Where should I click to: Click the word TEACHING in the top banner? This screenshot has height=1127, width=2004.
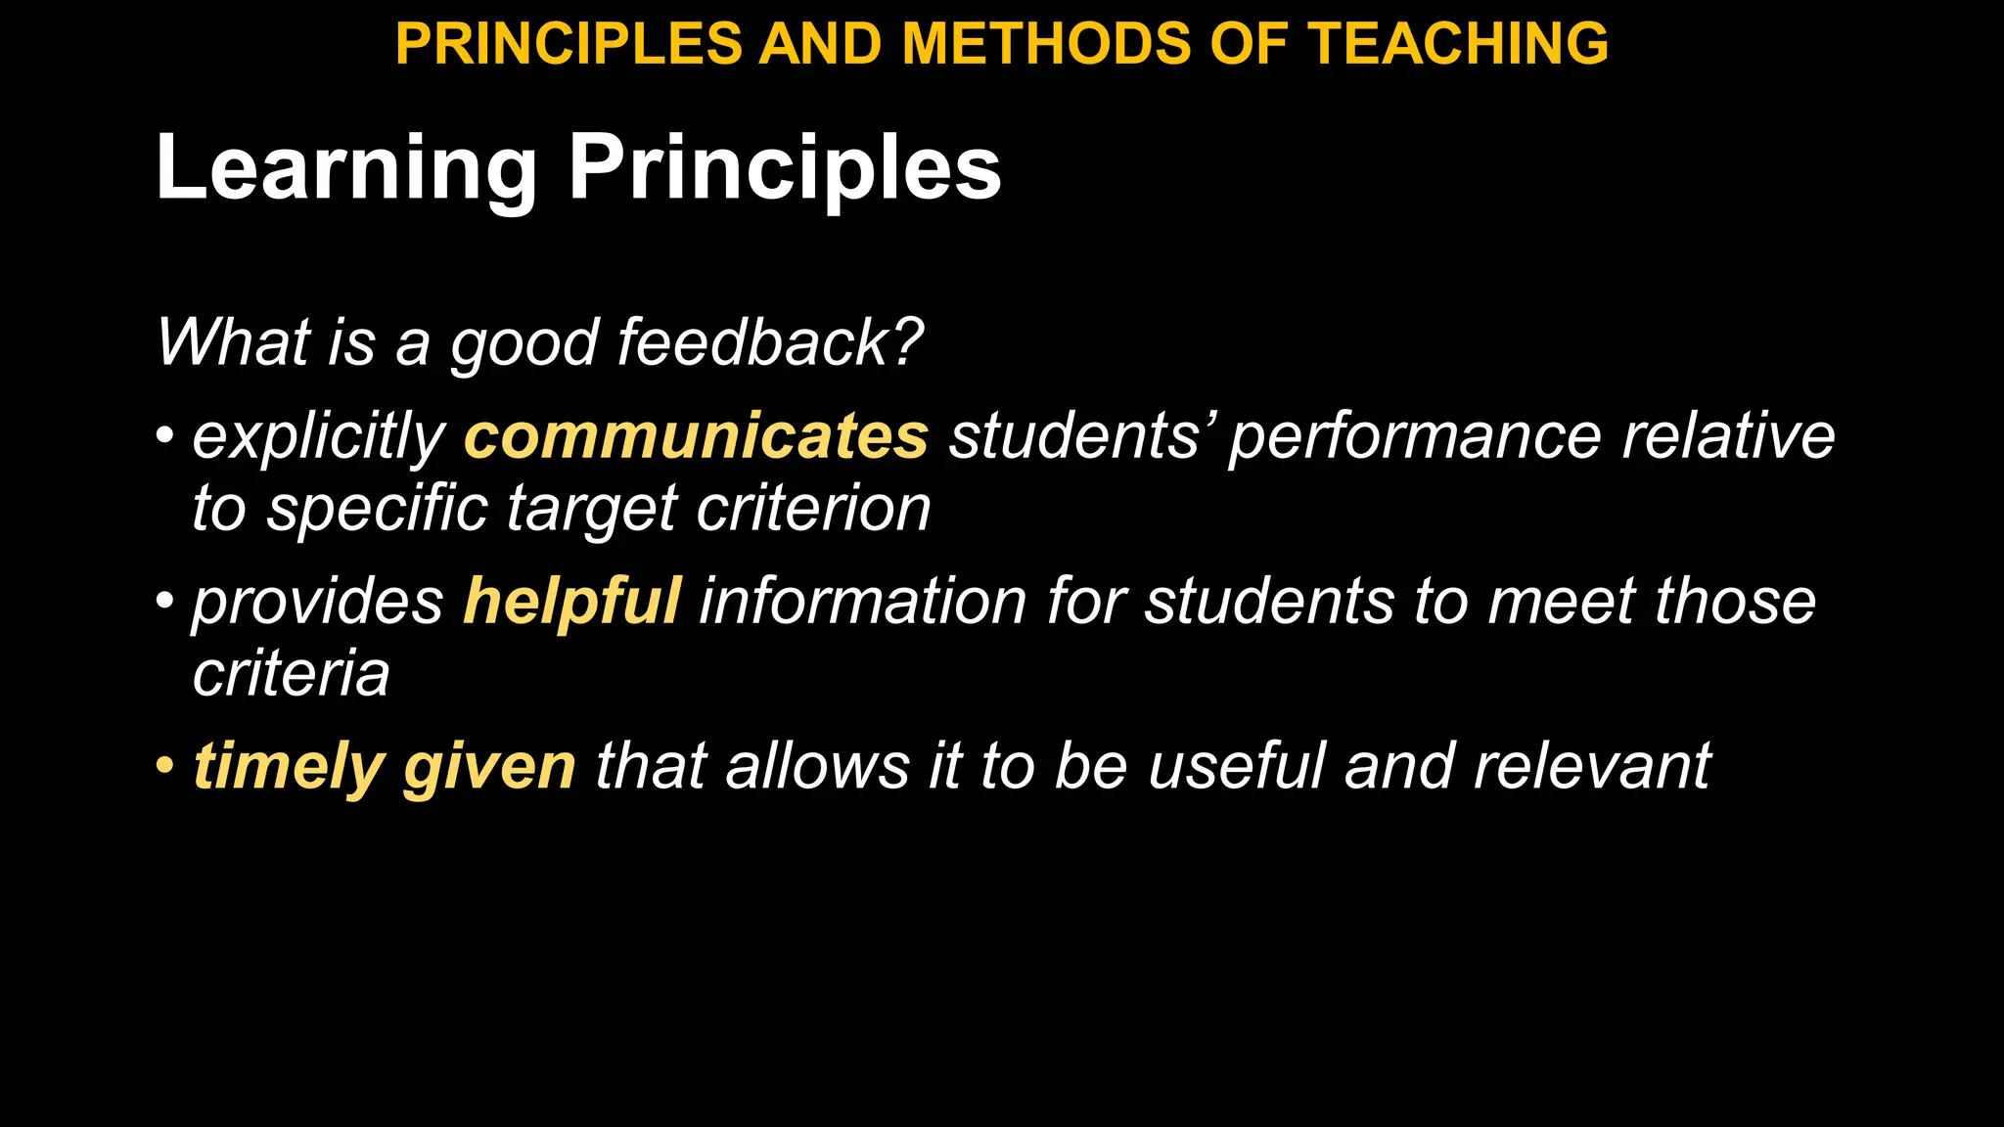point(1458,44)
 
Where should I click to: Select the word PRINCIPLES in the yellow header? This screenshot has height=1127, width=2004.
point(569,44)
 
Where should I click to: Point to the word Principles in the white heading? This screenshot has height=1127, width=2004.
point(785,168)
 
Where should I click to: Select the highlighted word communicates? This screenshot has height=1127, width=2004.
point(696,436)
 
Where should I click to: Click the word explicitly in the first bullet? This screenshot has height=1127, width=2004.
point(319,436)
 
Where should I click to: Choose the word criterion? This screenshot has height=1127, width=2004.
point(813,509)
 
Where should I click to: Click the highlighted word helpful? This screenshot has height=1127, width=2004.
point(571,601)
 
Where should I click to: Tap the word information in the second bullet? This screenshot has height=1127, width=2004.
point(862,601)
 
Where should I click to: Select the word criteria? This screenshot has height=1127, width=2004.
point(292,673)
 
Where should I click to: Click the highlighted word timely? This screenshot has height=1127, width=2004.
point(289,766)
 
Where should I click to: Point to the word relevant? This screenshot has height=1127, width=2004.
point(1592,766)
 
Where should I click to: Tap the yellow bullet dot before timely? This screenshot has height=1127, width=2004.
point(165,764)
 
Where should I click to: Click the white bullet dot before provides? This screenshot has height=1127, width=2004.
point(165,599)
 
